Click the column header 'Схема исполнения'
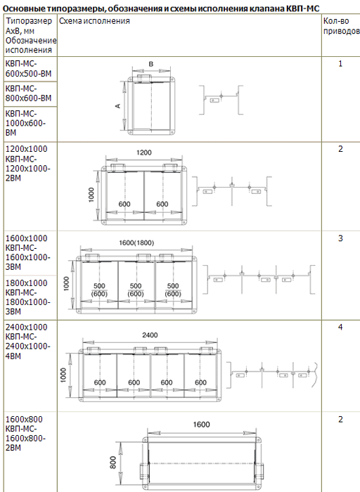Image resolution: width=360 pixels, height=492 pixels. tap(94, 21)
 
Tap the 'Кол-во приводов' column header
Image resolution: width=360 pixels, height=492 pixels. tap(341, 26)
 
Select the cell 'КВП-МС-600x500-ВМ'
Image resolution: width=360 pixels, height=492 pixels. tap(28, 69)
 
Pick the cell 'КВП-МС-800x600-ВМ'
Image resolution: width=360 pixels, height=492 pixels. tap(28, 93)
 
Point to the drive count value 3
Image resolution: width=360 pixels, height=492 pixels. tap(340, 238)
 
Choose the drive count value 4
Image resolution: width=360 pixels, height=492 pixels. tap(340, 328)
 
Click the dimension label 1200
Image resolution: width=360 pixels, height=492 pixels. tap(143, 153)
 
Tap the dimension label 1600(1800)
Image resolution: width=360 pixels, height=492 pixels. tap(136, 243)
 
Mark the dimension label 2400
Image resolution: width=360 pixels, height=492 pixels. tap(150, 335)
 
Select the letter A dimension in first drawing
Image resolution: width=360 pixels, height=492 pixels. tap(118, 106)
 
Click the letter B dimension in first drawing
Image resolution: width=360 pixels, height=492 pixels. tap(151, 64)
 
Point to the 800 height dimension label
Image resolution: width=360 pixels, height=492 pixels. tap(113, 462)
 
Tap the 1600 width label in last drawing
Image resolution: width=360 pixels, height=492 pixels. tap(201, 425)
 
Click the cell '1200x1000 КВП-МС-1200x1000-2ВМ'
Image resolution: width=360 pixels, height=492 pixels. tap(27, 163)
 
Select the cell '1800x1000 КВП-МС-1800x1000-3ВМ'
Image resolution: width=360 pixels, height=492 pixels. tap(27, 297)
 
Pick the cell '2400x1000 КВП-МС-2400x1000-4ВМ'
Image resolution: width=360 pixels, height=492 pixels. tap(27, 342)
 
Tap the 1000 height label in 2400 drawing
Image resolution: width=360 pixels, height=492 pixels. tap(64, 375)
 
